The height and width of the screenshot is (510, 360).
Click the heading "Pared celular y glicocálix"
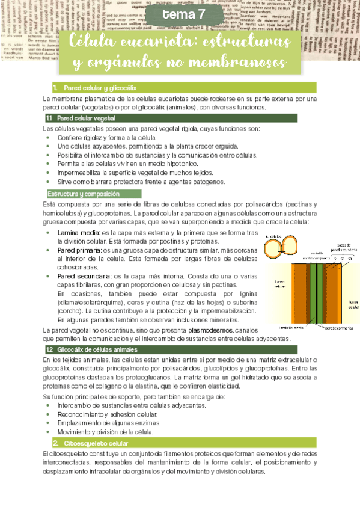pos(99,88)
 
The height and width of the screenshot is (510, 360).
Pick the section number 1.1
pos(50,118)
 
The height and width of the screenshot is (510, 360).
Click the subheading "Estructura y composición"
pos(84,194)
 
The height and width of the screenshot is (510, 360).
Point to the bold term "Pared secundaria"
pos(83,277)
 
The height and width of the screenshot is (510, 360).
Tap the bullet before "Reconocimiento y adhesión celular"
pos(48,414)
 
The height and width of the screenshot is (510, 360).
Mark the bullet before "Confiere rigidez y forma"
pos(48,137)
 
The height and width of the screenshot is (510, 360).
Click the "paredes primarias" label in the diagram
pos(339,329)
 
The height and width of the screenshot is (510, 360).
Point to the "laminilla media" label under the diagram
pos(291,328)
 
